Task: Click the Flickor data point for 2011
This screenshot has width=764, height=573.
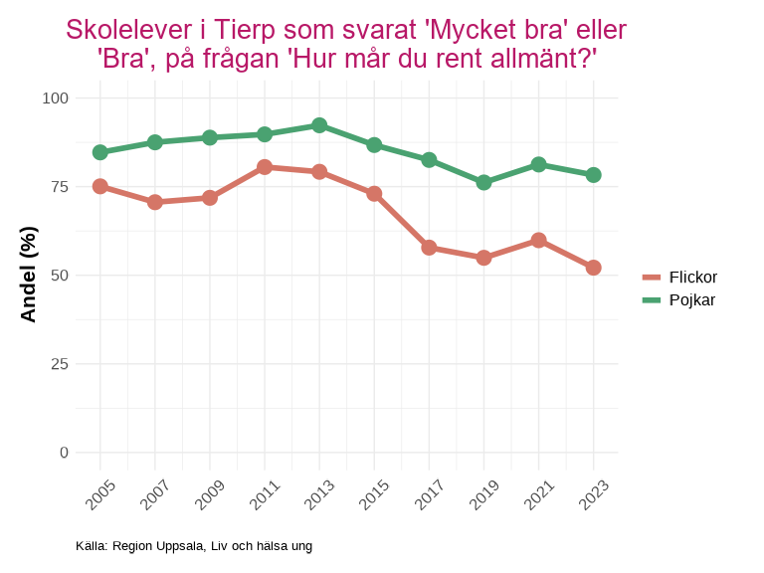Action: [265, 167]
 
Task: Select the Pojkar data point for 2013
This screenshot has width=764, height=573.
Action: [319, 125]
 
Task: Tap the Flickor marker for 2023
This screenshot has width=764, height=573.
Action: [594, 268]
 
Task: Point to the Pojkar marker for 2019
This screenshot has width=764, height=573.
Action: [483, 183]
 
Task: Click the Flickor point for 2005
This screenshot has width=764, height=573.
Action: [100, 186]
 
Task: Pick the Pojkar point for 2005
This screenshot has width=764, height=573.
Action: [100, 152]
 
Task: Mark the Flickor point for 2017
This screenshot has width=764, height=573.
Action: [429, 248]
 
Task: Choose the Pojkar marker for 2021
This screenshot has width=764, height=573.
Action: [538, 164]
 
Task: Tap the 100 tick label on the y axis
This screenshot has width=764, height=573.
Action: [56, 98]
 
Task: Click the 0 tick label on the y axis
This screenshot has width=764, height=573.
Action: [65, 453]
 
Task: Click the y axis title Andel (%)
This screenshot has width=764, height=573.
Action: [29, 275]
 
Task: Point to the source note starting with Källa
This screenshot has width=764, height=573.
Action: [194, 546]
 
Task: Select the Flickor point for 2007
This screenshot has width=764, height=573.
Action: [155, 202]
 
